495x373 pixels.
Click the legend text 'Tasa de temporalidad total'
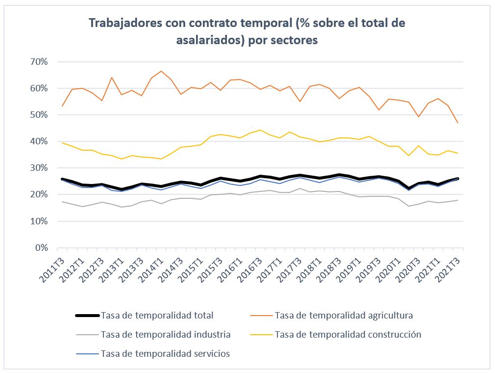point(157,315)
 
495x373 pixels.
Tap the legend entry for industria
point(165,335)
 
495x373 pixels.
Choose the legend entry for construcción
point(348,335)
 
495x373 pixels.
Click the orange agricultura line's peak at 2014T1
point(161,71)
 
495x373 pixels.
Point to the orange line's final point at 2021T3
point(458,123)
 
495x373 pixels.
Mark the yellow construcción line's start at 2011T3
point(62,143)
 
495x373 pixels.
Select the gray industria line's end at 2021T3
point(458,200)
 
